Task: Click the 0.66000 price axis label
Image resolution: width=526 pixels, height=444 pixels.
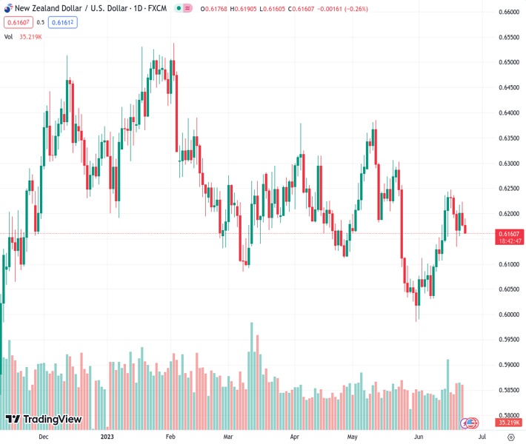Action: point(508,13)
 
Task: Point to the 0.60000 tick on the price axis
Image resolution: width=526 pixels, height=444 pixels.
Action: point(508,314)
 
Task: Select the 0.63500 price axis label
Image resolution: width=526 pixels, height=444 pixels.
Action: point(508,138)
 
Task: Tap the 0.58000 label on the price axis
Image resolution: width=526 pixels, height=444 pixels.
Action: point(508,415)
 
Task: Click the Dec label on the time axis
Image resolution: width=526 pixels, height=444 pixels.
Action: point(43,437)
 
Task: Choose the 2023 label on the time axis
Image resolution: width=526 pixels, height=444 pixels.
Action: point(108,437)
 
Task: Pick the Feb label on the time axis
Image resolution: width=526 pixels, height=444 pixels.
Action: point(170,437)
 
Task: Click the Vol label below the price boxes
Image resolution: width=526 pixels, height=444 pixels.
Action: point(9,36)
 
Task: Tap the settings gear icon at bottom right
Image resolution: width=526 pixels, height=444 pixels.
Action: point(508,437)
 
